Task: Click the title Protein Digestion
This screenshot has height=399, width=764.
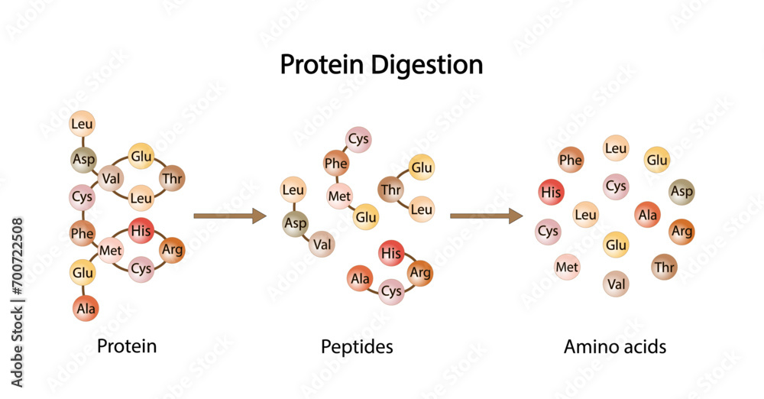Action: [x=381, y=65]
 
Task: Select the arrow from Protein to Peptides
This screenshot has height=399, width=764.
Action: [x=229, y=216]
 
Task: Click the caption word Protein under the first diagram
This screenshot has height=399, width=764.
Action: [x=127, y=346]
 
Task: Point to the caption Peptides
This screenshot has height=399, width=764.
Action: [x=357, y=347]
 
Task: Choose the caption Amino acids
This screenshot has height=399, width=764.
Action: [x=615, y=347]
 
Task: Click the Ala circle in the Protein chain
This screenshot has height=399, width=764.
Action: [x=86, y=308]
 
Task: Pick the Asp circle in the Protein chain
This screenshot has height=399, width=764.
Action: [x=83, y=160]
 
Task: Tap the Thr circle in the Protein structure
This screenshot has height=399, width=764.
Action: [x=172, y=179]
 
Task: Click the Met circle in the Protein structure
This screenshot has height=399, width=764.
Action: [x=112, y=250]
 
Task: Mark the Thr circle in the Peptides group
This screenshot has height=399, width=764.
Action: [x=390, y=190]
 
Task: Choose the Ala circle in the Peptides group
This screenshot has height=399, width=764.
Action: [x=360, y=279]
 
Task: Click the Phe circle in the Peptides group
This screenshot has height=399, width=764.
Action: [x=336, y=163]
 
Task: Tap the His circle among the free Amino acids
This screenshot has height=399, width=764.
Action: [x=551, y=193]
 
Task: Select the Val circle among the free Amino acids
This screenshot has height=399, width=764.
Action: [x=616, y=284]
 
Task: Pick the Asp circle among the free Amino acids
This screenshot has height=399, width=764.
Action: [x=681, y=192]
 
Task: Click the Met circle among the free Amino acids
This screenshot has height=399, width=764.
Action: [x=567, y=267]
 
